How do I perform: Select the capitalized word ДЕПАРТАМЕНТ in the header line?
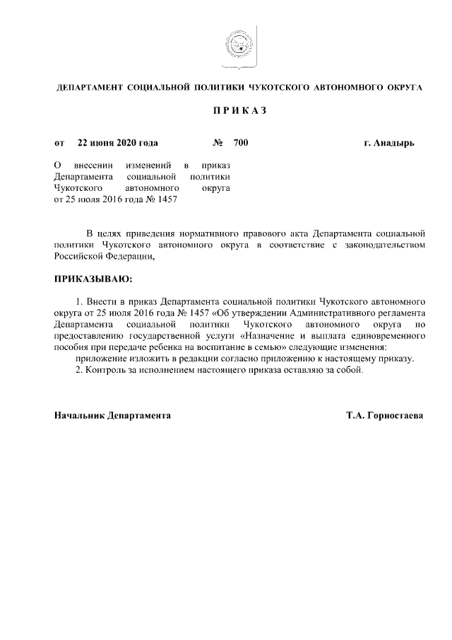coord(88,88)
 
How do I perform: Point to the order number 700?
coord(240,143)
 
